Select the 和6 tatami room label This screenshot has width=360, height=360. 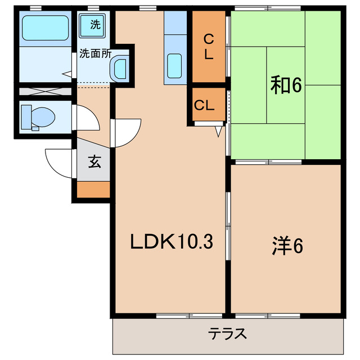tap(287, 85)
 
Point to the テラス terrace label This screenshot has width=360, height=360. tap(228, 334)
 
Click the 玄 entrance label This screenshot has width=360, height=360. tap(93, 163)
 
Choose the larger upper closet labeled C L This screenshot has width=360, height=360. tap(208, 47)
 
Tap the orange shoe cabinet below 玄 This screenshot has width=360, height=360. tap(93, 190)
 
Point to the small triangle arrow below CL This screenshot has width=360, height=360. tap(219, 132)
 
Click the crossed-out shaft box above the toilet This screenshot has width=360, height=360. tap(45, 91)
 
